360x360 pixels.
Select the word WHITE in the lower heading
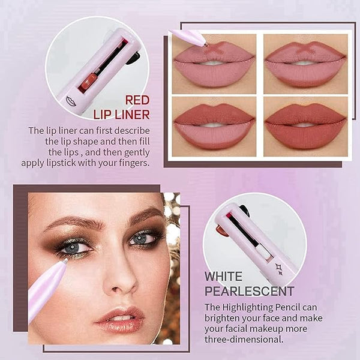pyautogui.click(x=224, y=277)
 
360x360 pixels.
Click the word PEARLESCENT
pyautogui.click(x=249, y=292)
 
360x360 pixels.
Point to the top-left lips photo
pyautogui.click(x=214, y=62)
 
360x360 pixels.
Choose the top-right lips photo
pyautogui.click(x=305, y=62)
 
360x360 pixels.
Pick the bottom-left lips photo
pyautogui.click(x=214, y=125)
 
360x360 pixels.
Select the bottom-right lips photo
pyautogui.click(x=305, y=125)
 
